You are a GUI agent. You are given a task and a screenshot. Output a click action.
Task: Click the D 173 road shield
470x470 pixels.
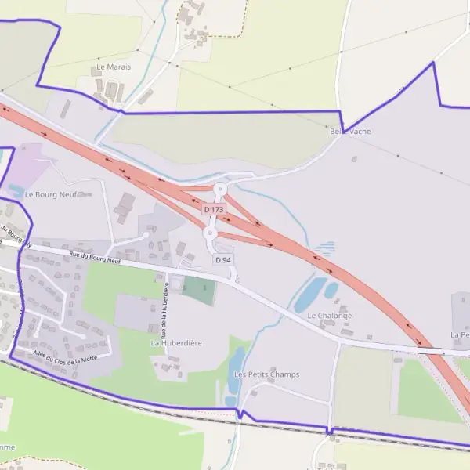coord(213,210)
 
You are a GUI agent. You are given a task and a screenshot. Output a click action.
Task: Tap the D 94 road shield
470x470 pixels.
coord(222,259)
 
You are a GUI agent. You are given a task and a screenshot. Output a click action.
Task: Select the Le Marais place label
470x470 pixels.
coord(114,67)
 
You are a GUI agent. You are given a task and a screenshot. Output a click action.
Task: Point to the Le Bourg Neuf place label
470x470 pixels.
coord(50,194)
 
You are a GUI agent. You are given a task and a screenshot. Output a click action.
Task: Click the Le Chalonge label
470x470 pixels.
coord(329,316)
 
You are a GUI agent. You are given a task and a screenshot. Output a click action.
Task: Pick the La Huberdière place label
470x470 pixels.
coord(177,343)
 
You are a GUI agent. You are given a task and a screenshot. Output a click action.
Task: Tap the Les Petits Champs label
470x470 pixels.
coord(266,374)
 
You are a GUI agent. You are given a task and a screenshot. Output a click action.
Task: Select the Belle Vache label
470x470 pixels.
coord(350,132)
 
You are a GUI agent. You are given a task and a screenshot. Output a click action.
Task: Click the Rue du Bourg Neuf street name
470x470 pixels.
coord(94,256)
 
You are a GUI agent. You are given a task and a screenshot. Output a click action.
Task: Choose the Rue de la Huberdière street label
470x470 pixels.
coord(165,306)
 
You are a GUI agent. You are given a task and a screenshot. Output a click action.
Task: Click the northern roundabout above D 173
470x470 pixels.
coord(220,189)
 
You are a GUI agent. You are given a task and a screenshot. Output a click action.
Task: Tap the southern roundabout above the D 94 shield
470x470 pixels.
coord(210,233)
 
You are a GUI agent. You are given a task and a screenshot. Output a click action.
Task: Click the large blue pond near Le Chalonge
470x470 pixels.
coord(310,295)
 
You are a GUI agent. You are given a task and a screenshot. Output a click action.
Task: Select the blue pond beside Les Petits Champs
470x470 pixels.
coord(236,365)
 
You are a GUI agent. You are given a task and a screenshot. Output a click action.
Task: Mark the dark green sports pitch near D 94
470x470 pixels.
coord(199,291)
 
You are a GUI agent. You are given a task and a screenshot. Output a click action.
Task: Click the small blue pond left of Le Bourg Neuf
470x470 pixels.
coord(16,190)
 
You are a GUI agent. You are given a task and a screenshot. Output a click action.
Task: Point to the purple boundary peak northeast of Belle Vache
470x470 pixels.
coord(432,63)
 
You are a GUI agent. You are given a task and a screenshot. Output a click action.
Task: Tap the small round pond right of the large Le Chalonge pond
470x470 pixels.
coord(331,291)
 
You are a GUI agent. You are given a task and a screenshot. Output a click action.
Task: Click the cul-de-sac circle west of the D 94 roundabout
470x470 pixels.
coord(146,235)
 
